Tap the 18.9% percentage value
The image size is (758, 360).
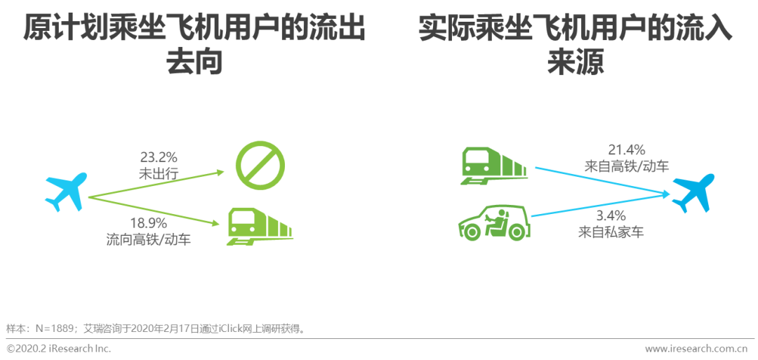(147, 224)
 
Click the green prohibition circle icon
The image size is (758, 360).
(260, 167)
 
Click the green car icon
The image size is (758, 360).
(494, 222)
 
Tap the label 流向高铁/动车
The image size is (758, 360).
(148, 240)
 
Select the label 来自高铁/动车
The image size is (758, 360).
(626, 167)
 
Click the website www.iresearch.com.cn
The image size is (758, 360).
(696, 349)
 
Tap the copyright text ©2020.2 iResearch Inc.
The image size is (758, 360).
(59, 349)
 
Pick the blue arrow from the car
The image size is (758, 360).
(597, 205)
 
